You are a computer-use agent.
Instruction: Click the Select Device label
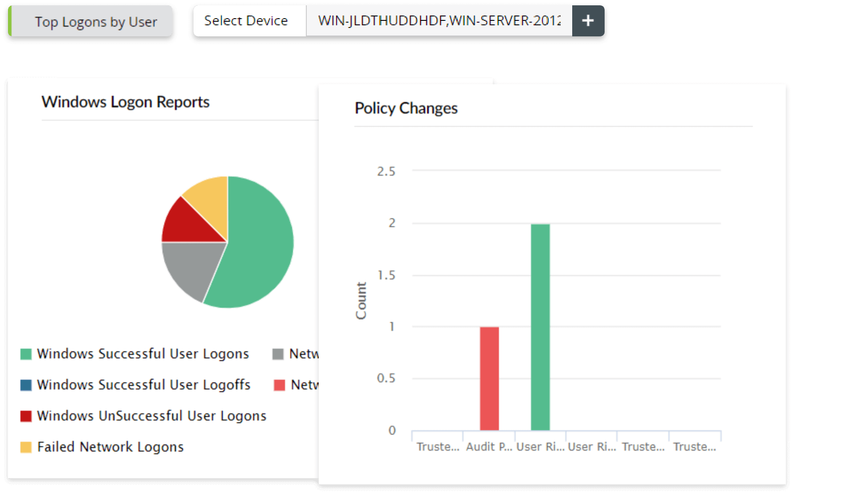[x=245, y=21]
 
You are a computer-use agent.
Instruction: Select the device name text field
[x=439, y=21]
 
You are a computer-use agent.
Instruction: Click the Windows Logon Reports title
[x=125, y=102]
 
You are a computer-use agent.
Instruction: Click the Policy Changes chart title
[x=406, y=108]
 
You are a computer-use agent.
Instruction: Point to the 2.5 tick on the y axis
[x=386, y=172]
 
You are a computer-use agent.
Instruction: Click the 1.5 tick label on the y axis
[x=386, y=275]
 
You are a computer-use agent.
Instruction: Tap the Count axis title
[x=361, y=300]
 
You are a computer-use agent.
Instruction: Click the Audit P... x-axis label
[x=489, y=447]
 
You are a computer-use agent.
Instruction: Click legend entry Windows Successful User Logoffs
[x=143, y=385]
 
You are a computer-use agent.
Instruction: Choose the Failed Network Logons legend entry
[x=110, y=447]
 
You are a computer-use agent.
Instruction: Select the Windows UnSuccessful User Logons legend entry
[x=151, y=416]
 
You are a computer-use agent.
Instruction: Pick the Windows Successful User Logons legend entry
[x=142, y=354]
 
